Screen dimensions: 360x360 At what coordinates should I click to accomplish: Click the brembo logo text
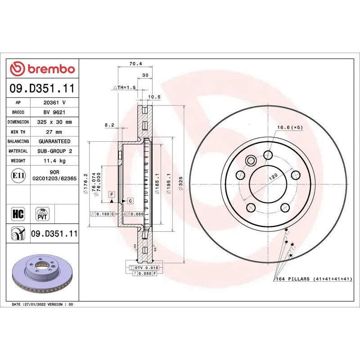pos(43,69)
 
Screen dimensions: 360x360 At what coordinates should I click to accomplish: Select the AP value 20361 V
pos(54,103)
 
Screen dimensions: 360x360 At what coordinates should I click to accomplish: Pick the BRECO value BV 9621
pos(54,112)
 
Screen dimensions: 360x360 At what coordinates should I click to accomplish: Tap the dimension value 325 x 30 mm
pos(54,122)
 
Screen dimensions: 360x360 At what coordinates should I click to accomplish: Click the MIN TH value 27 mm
pos(54,132)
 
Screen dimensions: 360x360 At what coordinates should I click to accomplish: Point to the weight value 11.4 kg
pos(54,161)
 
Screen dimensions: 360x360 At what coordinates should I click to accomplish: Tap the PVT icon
pos(42,213)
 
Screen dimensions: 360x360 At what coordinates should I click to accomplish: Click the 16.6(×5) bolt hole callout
pos(290,127)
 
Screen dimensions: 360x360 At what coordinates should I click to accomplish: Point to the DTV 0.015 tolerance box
pos(144,268)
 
